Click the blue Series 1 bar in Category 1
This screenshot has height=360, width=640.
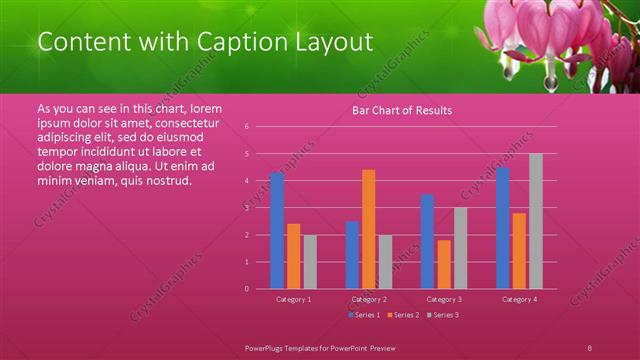[x=277, y=230]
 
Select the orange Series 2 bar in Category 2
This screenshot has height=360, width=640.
[x=368, y=229]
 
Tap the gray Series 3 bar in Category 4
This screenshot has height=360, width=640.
[x=536, y=221]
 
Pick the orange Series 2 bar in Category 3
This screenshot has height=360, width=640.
[x=444, y=264]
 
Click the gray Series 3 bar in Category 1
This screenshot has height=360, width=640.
[x=310, y=261]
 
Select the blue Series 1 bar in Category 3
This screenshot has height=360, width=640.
[x=427, y=241]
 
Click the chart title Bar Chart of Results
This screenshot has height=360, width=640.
[x=402, y=110]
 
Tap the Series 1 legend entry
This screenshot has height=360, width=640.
[x=364, y=315]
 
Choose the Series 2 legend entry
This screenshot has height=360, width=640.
[x=403, y=315]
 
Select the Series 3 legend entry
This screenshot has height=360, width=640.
[x=443, y=315]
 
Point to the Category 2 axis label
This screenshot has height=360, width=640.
[x=369, y=299]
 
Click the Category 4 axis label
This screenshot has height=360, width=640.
[x=519, y=299]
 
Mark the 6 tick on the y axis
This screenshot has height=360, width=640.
[x=260, y=127]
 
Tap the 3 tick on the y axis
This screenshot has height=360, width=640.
[x=260, y=208]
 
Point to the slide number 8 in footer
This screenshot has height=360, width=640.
[x=590, y=346]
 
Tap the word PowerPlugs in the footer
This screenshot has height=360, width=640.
[x=264, y=346]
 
